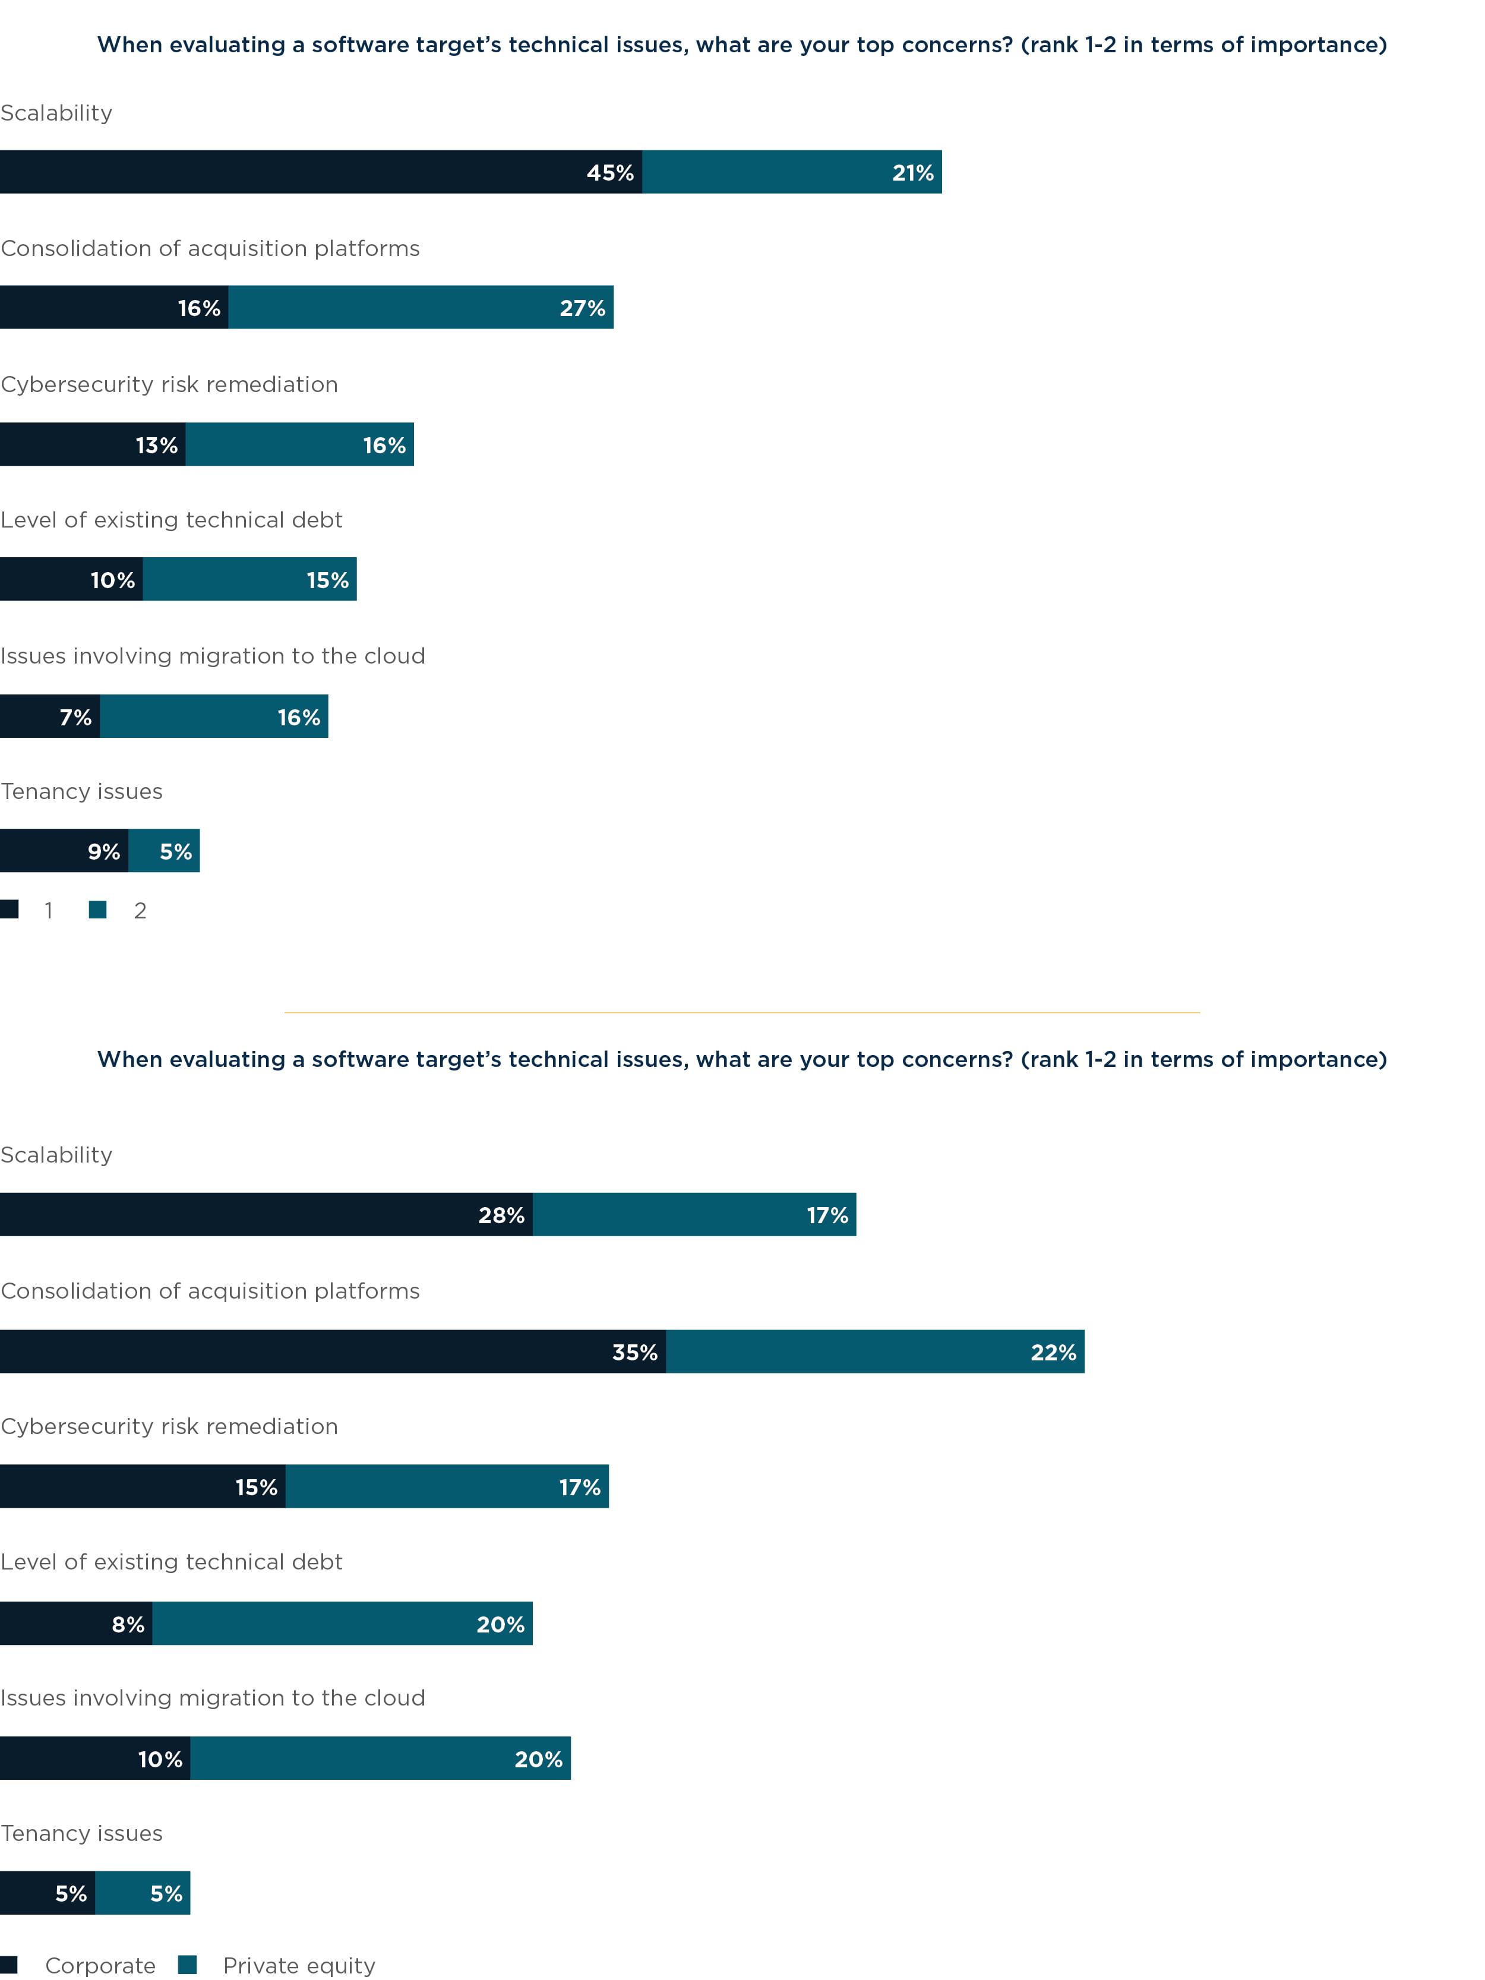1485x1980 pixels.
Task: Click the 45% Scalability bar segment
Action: [320, 172]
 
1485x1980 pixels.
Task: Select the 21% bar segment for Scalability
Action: [791, 172]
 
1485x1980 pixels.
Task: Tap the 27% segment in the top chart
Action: [421, 307]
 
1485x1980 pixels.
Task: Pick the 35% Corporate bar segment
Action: [332, 1351]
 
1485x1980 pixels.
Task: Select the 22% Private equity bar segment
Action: [874, 1351]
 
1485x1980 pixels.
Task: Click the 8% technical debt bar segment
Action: [75, 1623]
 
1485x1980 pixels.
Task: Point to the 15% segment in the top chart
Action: [249, 579]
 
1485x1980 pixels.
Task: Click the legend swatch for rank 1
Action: [10, 910]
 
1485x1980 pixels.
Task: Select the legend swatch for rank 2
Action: [97, 910]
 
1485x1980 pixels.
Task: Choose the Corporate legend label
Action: [100, 1965]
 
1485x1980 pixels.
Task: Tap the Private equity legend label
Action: [299, 1965]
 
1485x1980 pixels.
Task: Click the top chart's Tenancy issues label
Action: [81, 791]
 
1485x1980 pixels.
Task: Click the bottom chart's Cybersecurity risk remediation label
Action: [169, 1426]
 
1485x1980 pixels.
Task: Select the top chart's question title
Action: [742, 45]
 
